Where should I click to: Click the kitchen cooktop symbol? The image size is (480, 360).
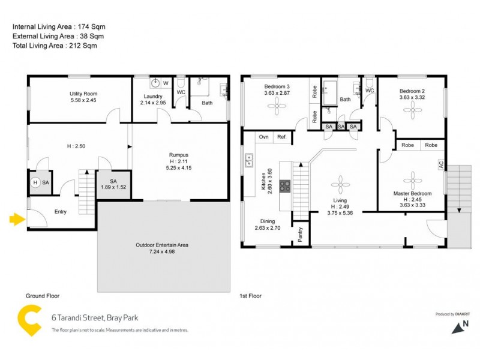[x=284, y=186]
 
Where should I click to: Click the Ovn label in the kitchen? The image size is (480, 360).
[x=263, y=137]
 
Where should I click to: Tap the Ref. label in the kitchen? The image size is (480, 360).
[x=281, y=137]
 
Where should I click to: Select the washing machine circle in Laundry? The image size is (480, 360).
[x=155, y=84]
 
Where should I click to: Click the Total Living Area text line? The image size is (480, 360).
[x=55, y=46]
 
